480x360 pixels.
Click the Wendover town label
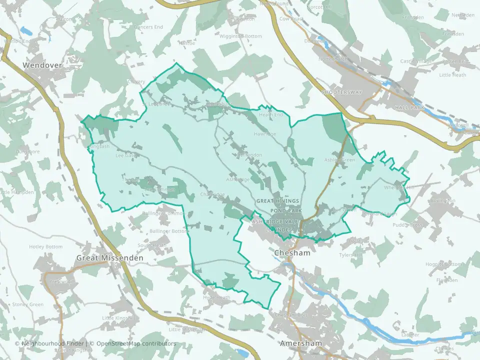[x=42, y=65]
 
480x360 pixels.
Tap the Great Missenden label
[x=109, y=258]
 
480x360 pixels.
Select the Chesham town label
[x=292, y=253]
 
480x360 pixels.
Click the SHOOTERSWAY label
[x=341, y=92]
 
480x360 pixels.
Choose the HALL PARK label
[x=409, y=107]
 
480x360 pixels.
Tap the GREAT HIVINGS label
[x=277, y=201]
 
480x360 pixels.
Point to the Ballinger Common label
[x=164, y=213]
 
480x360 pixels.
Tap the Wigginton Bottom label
[x=241, y=36]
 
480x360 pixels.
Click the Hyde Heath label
[x=216, y=297]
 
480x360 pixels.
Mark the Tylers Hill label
[x=350, y=255]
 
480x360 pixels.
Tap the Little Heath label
[x=452, y=75]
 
